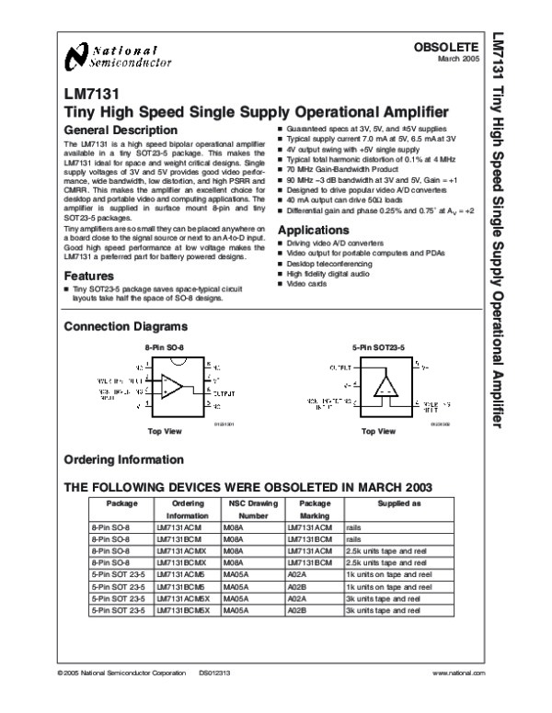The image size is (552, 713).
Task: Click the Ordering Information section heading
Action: pyautogui.click(x=123, y=460)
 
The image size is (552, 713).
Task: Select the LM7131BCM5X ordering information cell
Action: pyautogui.click(x=183, y=596)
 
